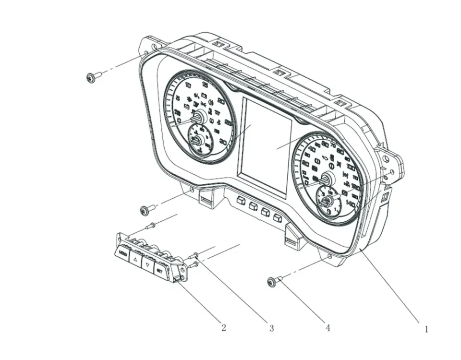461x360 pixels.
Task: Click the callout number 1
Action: click(x=425, y=329)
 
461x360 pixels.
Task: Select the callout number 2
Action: click(x=223, y=328)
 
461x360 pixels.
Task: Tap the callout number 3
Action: click(x=271, y=328)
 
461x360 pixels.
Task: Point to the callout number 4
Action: click(x=328, y=328)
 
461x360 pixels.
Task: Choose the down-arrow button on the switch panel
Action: click(x=147, y=264)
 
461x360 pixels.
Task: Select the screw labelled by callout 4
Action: click(x=272, y=282)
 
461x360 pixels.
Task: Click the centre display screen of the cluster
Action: click(x=265, y=146)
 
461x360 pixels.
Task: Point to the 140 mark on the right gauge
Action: click(x=351, y=204)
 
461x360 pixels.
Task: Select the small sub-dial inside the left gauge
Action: click(x=199, y=140)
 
